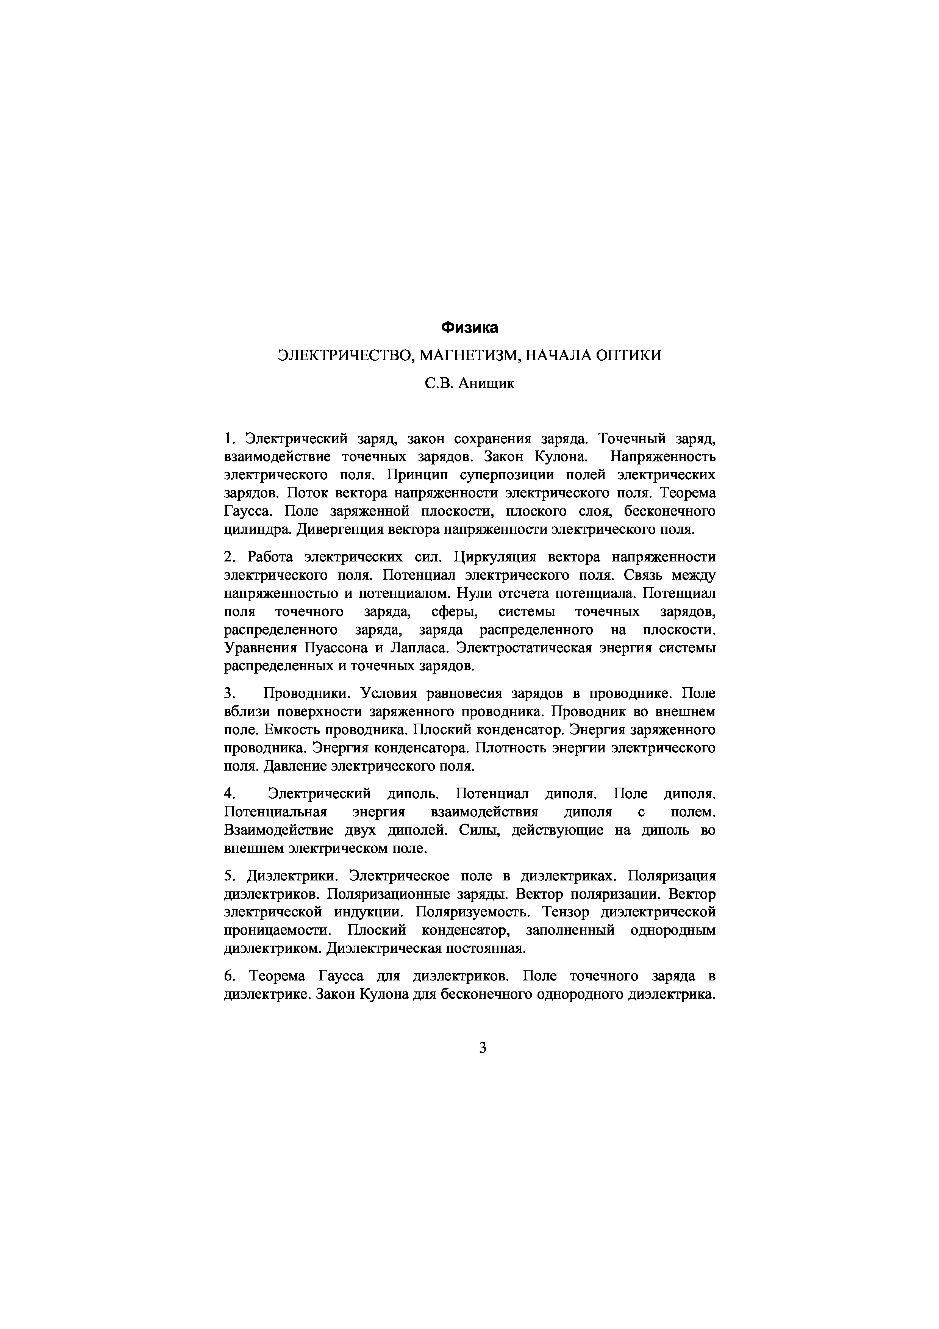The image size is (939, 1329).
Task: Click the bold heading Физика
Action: pos(469,328)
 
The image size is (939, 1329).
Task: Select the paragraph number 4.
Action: pos(228,794)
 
